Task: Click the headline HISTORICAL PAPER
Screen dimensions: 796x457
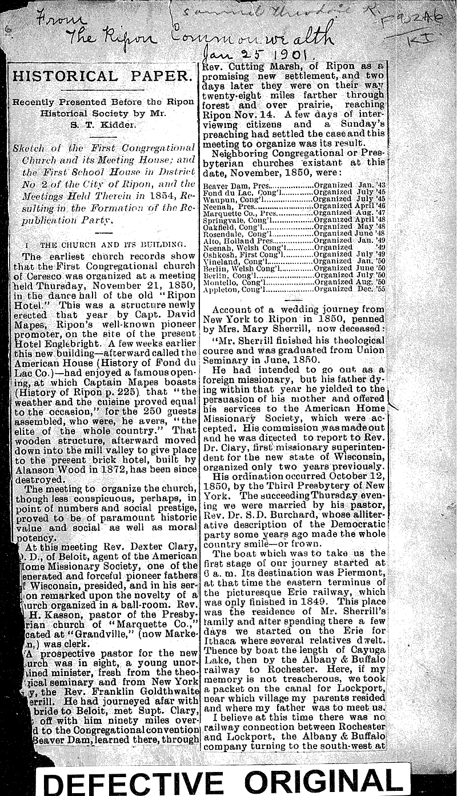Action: click(102, 76)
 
